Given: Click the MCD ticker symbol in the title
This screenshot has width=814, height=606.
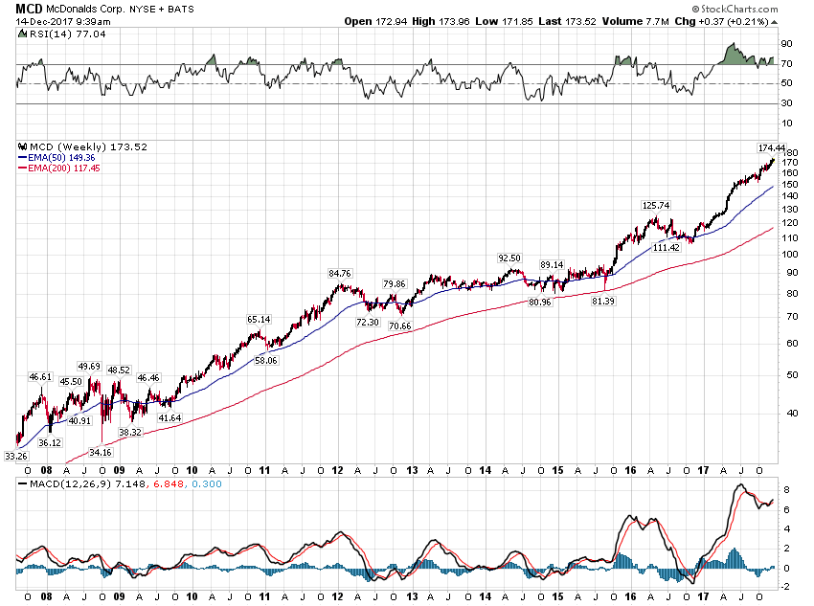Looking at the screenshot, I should point(28,8).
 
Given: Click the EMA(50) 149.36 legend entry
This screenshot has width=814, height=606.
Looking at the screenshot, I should point(61,157).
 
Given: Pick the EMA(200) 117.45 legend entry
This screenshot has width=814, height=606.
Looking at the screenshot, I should point(63,168).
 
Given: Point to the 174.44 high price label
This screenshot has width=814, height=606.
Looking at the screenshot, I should point(771,148).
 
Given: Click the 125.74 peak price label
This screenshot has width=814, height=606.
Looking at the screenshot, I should point(656,205).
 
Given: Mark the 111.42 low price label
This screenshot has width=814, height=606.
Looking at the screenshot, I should point(665,247).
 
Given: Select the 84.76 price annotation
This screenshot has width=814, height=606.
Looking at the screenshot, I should point(341,273).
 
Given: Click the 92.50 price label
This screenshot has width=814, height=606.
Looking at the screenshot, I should point(509,258).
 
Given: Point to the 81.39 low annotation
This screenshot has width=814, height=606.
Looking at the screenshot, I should point(602,301).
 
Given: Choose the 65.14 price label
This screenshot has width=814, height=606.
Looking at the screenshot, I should point(259,319).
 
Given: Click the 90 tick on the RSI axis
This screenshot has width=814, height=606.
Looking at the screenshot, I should point(785,44).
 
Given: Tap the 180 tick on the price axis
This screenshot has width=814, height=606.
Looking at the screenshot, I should point(787,153).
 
